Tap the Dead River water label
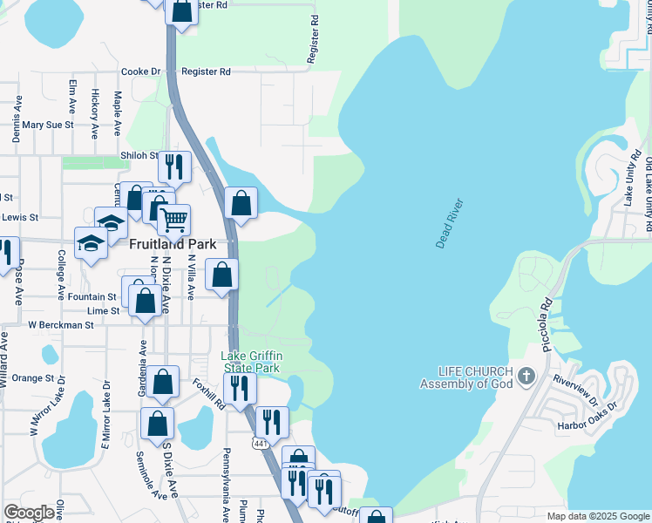coord(450,224)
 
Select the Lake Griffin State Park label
coord(250,362)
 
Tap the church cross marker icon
coord(525,377)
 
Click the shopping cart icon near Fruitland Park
coord(174,220)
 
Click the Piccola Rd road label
coord(547,326)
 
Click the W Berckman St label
coord(60,325)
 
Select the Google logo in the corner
coord(29,513)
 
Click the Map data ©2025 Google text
coord(598,516)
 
